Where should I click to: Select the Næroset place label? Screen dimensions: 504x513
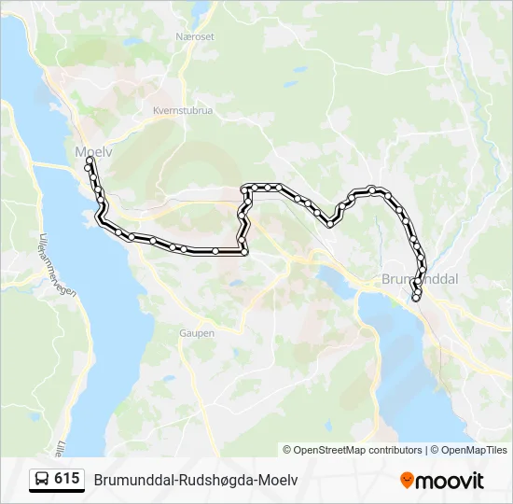(x=194, y=36)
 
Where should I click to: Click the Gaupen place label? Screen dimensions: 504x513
(x=196, y=332)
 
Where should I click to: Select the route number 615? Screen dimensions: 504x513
(x=67, y=479)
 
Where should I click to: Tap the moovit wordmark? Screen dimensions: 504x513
(x=451, y=481)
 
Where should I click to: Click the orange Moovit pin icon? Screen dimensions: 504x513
(x=407, y=481)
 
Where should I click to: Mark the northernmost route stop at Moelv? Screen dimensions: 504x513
(x=90, y=161)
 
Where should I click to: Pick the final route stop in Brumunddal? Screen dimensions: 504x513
(x=416, y=299)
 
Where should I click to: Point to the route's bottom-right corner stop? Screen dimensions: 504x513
(x=244, y=252)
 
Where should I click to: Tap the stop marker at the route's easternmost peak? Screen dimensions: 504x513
(x=372, y=189)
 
